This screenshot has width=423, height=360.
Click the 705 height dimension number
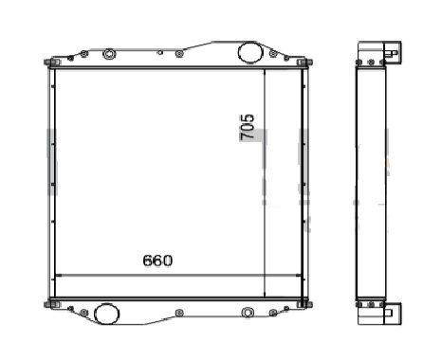tap(248, 126)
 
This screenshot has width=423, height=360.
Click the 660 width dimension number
tap(157, 261)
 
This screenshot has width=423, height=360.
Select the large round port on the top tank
tap(250, 52)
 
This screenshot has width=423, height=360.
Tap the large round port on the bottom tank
tap(107, 314)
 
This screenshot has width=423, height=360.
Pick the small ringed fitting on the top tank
tap(109, 54)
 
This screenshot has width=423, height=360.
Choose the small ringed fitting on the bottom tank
tap(248, 313)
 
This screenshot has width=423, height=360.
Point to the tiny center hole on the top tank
tap(160, 52)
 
